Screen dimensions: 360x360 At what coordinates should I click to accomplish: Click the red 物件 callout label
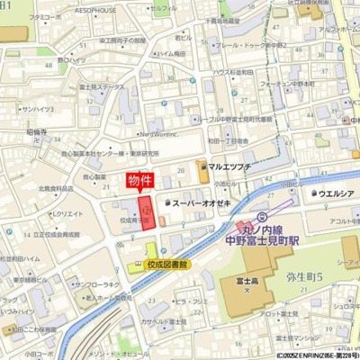click(x=139, y=180)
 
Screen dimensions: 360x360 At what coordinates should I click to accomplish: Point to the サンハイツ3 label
click(x=38, y=109)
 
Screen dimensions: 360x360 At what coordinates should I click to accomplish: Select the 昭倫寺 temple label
click(x=37, y=131)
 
